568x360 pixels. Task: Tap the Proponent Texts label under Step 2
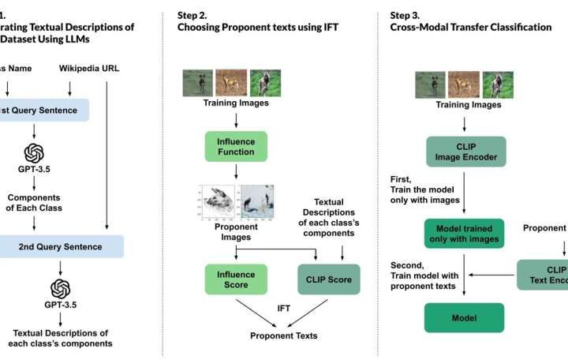[x=284, y=336]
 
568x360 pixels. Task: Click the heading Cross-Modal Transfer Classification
[x=471, y=27]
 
